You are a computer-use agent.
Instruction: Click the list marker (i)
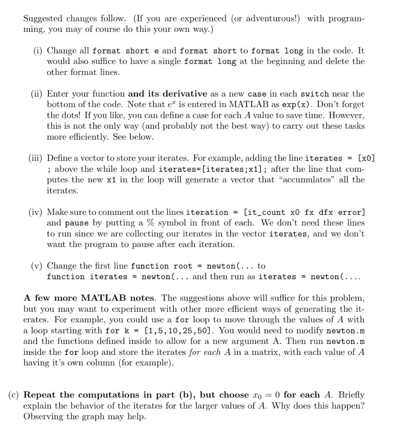tap(39, 51)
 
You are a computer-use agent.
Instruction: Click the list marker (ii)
tap(37, 94)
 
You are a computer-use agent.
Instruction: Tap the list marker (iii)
tap(36, 158)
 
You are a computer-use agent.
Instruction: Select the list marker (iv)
tap(36, 212)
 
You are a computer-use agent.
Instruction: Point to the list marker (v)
tap(37, 266)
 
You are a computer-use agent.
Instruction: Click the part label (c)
tap(14, 395)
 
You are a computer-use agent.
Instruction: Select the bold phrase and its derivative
tap(167, 94)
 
